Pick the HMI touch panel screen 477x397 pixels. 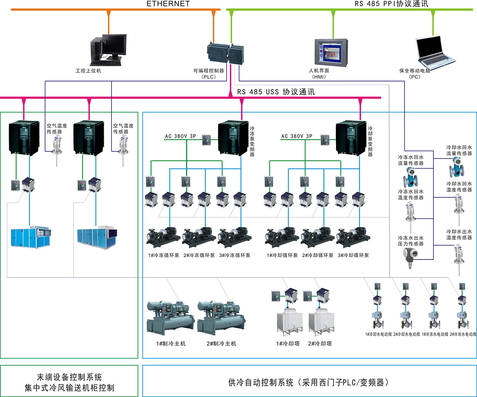[331, 53]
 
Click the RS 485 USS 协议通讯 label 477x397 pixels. [276, 92]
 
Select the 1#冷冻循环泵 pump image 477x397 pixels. [162, 236]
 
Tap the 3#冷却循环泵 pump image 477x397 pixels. [353, 236]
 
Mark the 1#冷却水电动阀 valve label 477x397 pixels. [378, 335]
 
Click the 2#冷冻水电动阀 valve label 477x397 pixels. [463, 335]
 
